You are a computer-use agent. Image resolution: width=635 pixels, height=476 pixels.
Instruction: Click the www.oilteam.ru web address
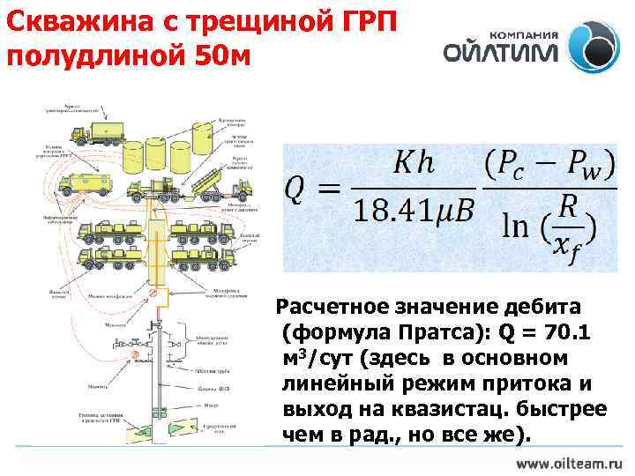pyautogui.click(x=569, y=462)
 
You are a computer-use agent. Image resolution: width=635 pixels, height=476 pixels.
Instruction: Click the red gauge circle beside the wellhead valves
pyautogui.click(x=135, y=355)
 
